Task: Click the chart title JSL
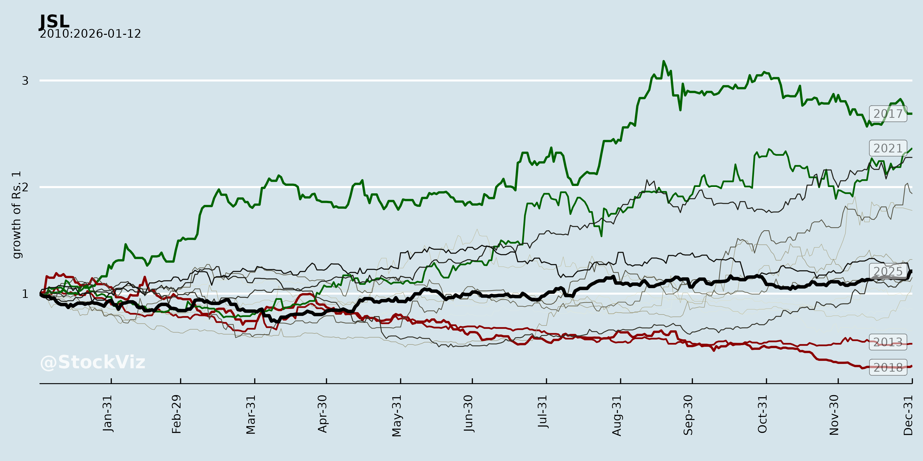54,22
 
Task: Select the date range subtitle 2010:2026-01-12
90,34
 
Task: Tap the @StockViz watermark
93,362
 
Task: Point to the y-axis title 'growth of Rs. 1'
16,215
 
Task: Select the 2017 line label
888,114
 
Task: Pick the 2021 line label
888,148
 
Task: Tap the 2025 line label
888,271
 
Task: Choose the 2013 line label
888,342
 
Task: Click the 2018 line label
888,367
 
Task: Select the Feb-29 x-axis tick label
177,414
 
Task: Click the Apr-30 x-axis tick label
323,414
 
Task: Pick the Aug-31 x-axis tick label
617,415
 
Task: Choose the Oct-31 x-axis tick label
763,414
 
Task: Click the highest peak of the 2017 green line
664,61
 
